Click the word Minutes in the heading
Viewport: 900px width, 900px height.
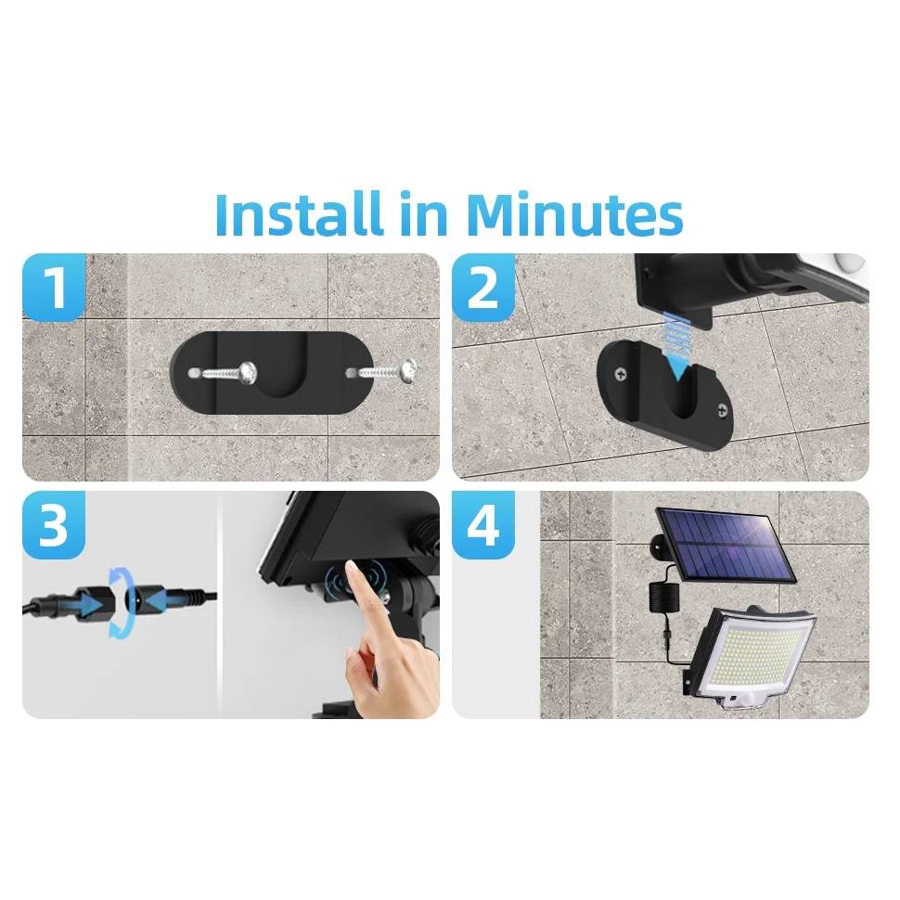click(x=574, y=214)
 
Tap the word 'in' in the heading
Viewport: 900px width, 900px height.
click(x=424, y=214)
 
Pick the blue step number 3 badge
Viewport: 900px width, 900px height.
click(x=54, y=526)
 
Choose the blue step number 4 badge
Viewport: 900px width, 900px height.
click(x=482, y=526)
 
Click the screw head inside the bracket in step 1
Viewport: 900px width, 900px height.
click(x=248, y=373)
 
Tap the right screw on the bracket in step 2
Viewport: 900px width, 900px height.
click(x=720, y=408)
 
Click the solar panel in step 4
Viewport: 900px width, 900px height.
click(x=726, y=545)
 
